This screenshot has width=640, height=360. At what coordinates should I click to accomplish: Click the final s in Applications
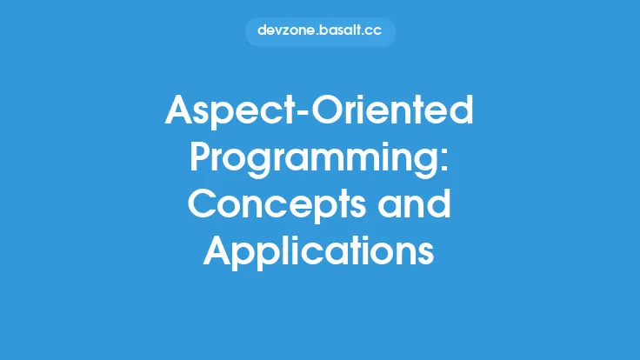(x=426, y=253)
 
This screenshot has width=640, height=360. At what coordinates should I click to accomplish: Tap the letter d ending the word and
(x=439, y=206)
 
